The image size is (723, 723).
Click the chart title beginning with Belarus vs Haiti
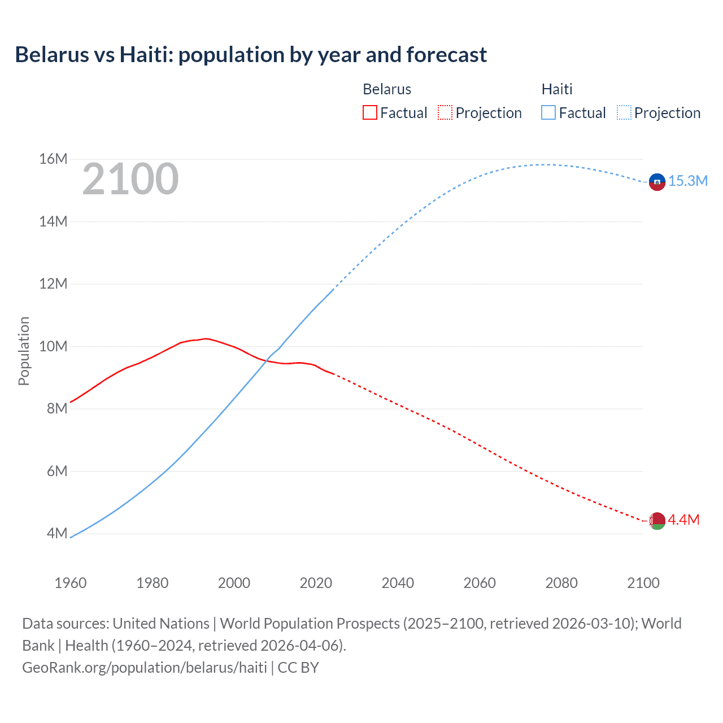point(251,55)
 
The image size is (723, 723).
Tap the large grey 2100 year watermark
point(130,179)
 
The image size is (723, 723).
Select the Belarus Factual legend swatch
point(369,112)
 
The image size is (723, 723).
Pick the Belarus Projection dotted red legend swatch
point(445,112)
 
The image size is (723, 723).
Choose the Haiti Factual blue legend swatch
point(548,112)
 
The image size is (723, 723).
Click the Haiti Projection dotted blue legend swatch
point(624,112)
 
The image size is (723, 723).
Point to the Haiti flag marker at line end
point(657,182)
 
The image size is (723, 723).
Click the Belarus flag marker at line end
point(657,521)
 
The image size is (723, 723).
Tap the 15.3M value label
point(687,181)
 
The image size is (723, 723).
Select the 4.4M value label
point(683,520)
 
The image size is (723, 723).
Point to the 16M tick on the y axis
point(53,159)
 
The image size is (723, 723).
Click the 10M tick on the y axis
point(53,346)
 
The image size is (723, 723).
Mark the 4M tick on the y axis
point(56,533)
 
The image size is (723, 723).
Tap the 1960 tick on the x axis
point(71,583)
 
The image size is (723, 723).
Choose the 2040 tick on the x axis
point(398,583)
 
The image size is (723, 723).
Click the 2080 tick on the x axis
point(561,583)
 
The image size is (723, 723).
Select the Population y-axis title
point(24,351)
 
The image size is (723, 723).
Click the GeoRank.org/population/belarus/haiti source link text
point(145,668)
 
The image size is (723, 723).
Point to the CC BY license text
point(298,668)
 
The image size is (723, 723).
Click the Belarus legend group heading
point(387,89)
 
